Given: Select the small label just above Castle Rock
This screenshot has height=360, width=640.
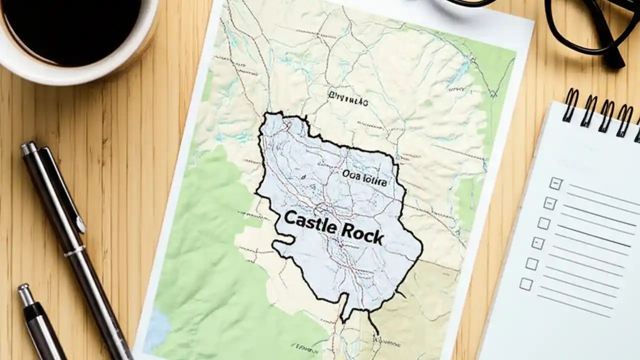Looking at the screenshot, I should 364,178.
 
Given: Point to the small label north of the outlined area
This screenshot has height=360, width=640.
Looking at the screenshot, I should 348,99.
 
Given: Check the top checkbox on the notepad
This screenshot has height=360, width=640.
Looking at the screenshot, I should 555,183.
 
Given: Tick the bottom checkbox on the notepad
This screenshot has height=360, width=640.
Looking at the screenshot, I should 525,284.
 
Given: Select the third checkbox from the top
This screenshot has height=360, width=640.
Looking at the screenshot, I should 543,223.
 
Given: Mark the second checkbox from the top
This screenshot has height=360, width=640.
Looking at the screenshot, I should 549,203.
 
